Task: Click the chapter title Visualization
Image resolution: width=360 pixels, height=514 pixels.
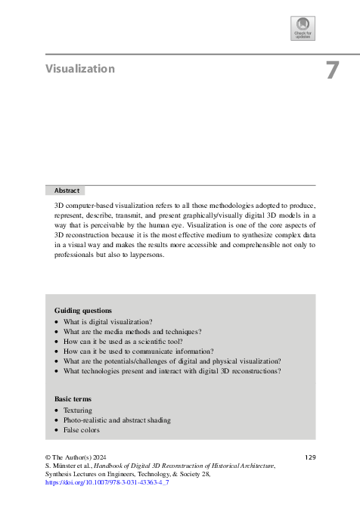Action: (79, 69)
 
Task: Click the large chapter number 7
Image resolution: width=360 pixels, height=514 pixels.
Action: (331, 70)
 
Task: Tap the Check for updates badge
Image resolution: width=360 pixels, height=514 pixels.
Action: (303, 28)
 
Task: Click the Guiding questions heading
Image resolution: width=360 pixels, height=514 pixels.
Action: (83, 311)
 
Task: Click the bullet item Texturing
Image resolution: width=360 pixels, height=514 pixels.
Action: (78, 410)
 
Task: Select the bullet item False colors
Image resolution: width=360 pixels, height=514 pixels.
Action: (81, 430)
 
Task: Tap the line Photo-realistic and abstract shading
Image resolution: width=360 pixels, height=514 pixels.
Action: (116, 420)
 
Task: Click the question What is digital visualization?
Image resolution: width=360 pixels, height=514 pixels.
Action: (107, 321)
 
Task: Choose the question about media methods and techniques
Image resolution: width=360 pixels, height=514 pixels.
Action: (132, 331)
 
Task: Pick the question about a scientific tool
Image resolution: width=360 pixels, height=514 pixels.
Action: (119, 341)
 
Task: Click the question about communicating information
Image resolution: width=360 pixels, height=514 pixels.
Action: (138, 351)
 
